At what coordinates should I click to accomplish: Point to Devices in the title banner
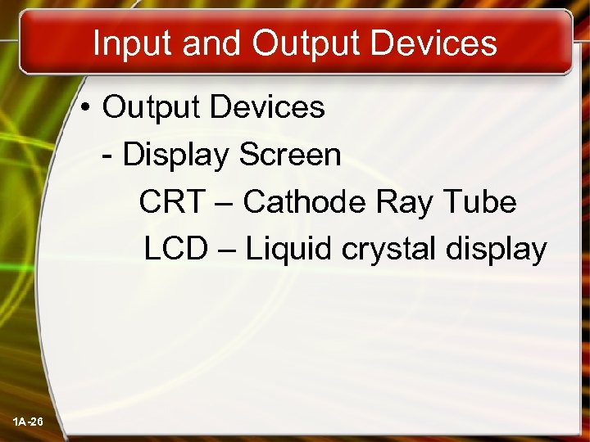pos(434,43)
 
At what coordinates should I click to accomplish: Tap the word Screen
pos(290,154)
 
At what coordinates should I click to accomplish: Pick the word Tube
pos(485,201)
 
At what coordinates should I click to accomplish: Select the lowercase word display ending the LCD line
pos(496,250)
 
